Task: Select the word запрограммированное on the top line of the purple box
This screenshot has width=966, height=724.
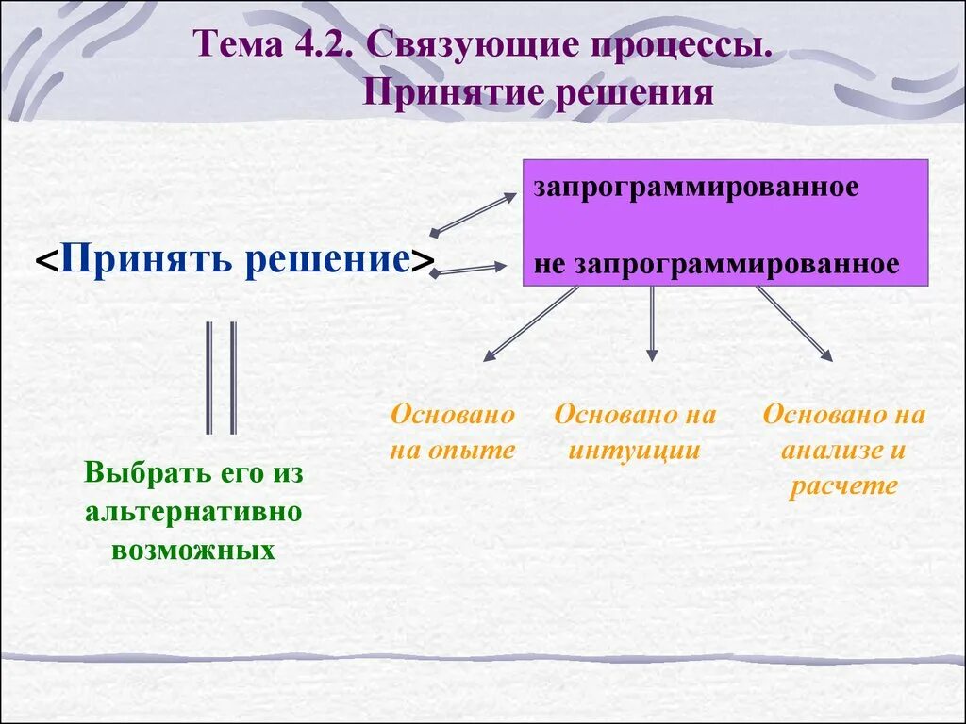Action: (696, 187)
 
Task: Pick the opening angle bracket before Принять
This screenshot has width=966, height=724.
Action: (44, 260)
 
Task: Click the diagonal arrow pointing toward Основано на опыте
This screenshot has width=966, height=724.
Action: (530, 323)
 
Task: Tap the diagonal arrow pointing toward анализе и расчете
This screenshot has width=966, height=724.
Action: (793, 323)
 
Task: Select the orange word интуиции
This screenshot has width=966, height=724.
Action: (635, 451)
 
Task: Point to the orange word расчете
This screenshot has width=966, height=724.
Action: (843, 486)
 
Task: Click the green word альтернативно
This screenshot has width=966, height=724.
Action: (193, 511)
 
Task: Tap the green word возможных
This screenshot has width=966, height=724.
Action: (193, 549)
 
